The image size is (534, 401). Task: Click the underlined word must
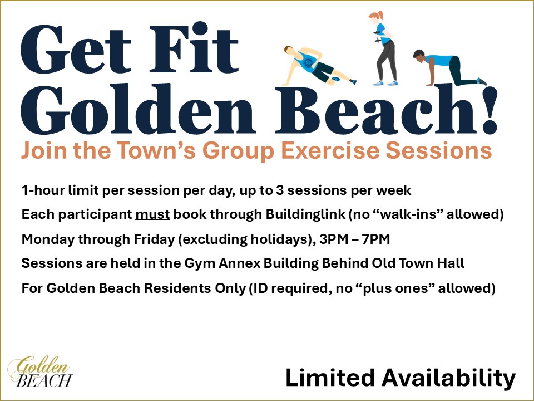click(x=152, y=214)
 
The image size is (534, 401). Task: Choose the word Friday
click(x=154, y=239)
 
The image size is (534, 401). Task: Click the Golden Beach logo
click(x=40, y=371)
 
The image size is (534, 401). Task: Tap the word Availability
click(x=448, y=378)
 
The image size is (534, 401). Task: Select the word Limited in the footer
click(x=330, y=378)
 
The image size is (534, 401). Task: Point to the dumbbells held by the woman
click(x=377, y=37)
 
